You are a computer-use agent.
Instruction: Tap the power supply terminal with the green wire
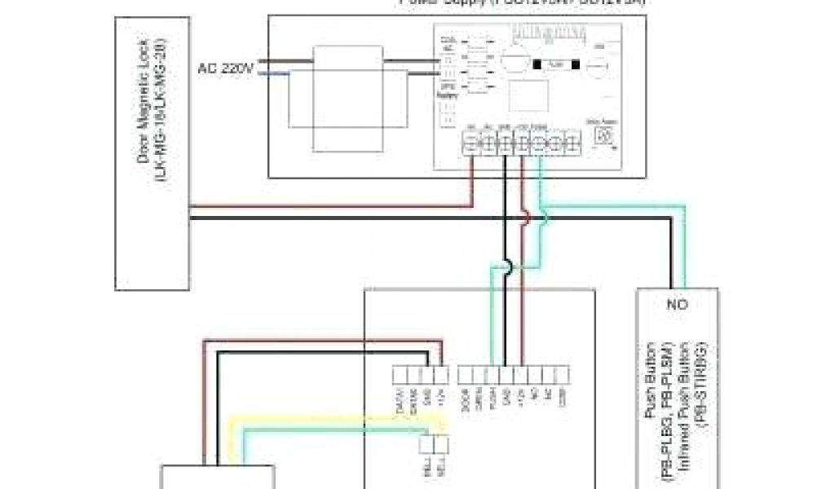coord(540,145)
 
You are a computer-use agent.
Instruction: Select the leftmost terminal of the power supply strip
coord(471,145)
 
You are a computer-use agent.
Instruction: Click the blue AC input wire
coord(273,74)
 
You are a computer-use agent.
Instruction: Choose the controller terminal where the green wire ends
coord(491,375)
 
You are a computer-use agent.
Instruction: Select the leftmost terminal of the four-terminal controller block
coord(400,375)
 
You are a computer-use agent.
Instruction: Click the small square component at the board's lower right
coord(604,135)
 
